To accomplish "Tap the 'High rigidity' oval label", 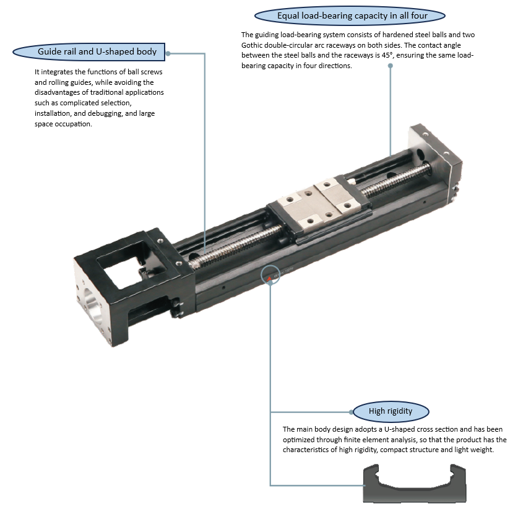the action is (391, 411).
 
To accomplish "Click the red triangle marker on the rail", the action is (269, 279).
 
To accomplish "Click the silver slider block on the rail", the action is (318, 204).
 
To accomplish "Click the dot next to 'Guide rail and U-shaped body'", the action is (168, 53).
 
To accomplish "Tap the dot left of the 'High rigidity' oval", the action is (351, 412).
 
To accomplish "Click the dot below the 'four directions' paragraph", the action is (390, 66).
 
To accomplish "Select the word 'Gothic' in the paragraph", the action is (252, 45).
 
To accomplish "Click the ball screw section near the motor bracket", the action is (235, 245).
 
